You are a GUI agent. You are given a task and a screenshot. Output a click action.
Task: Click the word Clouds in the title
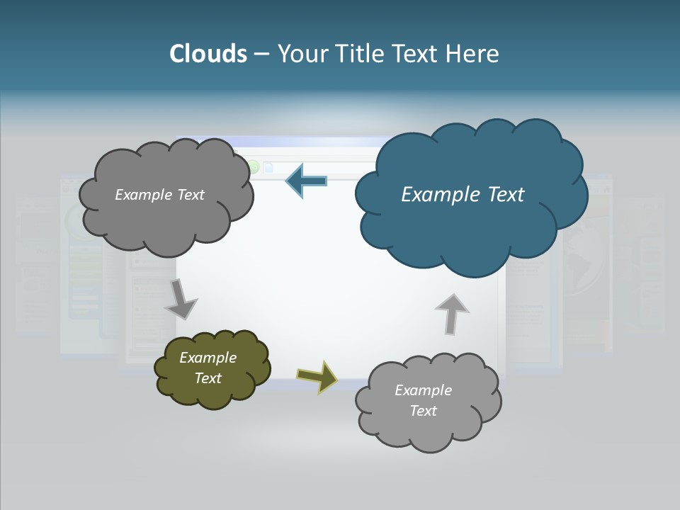(208, 54)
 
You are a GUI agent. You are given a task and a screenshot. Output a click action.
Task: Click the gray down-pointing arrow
(181, 300)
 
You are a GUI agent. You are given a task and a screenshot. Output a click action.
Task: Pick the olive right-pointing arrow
(317, 376)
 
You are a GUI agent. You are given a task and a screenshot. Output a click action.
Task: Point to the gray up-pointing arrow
(451, 314)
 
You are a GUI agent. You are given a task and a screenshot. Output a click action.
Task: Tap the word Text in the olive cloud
(208, 378)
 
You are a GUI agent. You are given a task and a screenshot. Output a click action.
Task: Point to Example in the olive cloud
(208, 358)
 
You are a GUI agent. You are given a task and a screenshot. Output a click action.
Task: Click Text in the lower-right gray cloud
(423, 411)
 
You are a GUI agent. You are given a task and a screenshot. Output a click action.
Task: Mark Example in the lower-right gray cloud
(423, 390)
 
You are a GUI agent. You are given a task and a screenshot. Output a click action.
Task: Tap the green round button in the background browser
(253, 168)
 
